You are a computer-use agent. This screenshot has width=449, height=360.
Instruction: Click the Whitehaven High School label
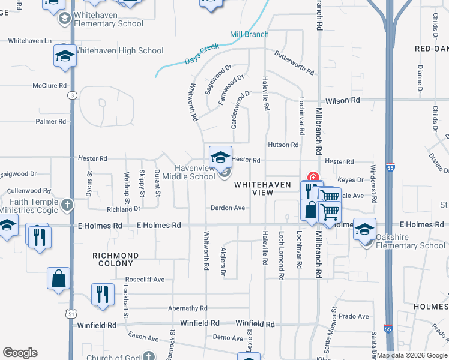point(118,51)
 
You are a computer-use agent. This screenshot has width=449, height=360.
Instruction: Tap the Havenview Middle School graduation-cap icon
point(220,158)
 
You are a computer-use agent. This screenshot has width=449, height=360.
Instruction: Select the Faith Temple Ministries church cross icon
point(67,205)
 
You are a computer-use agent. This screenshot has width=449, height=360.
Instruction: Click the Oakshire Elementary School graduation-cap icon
point(364,230)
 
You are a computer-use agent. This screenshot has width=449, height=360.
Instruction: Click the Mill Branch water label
point(249,34)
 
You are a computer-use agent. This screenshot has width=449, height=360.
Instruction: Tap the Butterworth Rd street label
point(294,62)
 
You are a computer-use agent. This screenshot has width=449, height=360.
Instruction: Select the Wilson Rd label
point(343,101)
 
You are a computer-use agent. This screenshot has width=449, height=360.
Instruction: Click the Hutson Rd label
point(283,145)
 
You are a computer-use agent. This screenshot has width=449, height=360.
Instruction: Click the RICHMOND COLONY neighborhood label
point(116,259)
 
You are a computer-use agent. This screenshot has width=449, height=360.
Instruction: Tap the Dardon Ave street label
point(228,208)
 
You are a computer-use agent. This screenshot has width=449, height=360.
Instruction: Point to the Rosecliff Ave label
point(145,280)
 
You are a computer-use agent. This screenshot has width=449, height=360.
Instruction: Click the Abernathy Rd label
point(187,308)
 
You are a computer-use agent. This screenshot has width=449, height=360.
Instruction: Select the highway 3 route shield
point(72,95)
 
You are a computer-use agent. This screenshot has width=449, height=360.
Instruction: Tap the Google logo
point(20,353)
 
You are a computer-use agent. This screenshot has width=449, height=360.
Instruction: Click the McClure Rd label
point(50,86)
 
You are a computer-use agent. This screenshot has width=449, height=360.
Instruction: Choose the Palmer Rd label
point(51,121)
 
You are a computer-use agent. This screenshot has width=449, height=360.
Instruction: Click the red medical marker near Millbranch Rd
point(312,177)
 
